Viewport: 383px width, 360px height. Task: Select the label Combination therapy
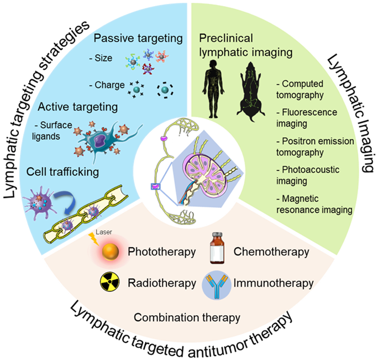coord(187,317)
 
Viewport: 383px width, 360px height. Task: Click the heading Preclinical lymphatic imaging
coord(235,44)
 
